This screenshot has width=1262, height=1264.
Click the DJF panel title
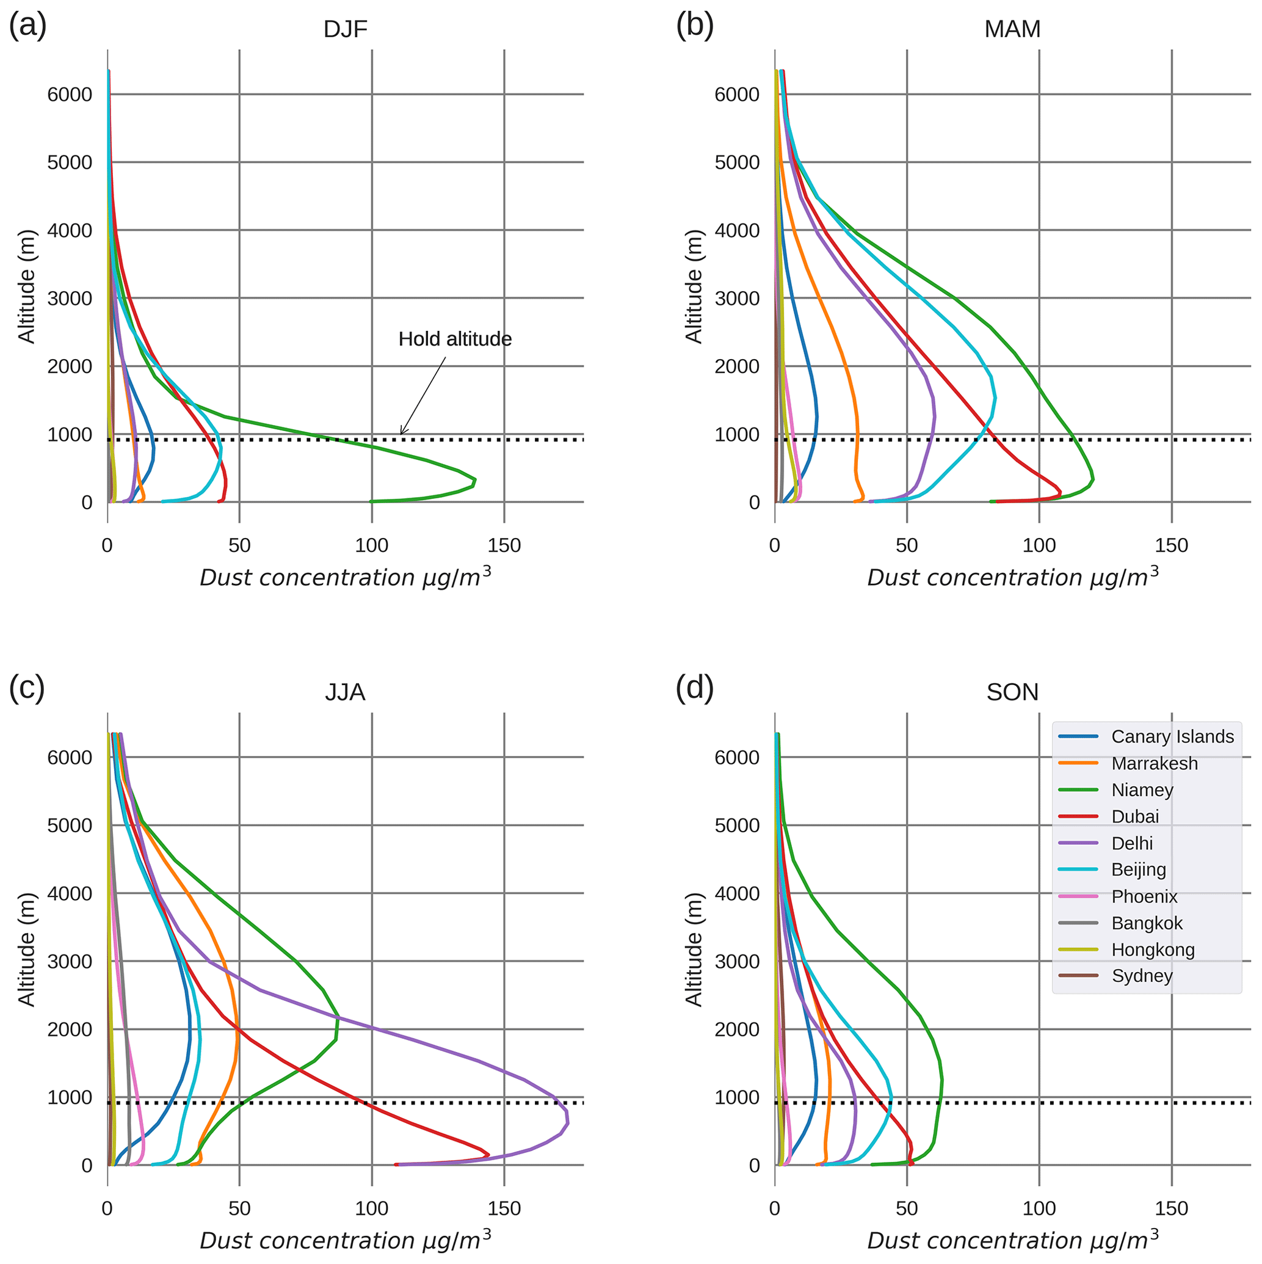[x=346, y=29]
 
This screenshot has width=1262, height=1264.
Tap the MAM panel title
[x=1012, y=29]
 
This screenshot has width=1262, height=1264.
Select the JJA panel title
[x=345, y=692]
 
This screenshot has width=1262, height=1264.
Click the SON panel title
[x=1012, y=692]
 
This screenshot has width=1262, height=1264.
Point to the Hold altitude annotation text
[x=455, y=339]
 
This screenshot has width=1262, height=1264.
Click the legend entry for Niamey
[x=1142, y=790]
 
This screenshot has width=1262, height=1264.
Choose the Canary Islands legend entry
[x=1172, y=736]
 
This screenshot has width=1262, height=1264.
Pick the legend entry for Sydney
[x=1142, y=976]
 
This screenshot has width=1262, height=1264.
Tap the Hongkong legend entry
[x=1152, y=950]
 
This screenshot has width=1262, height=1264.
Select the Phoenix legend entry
[x=1144, y=896]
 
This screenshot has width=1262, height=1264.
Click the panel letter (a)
[x=27, y=26]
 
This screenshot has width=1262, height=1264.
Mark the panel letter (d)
[x=694, y=688]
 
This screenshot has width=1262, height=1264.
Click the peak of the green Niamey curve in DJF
[x=475, y=482]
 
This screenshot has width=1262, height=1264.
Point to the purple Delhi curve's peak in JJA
[x=568, y=1124]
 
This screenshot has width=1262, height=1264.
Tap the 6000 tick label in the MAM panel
[x=737, y=95]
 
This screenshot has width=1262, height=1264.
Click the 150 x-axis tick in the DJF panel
[x=504, y=546]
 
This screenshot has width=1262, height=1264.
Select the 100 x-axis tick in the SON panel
[x=1039, y=1208]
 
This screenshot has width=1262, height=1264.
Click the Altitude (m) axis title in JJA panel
[x=26, y=950]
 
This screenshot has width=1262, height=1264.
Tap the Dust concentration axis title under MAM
[x=1012, y=577]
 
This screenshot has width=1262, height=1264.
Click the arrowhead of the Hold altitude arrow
[x=402, y=434]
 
